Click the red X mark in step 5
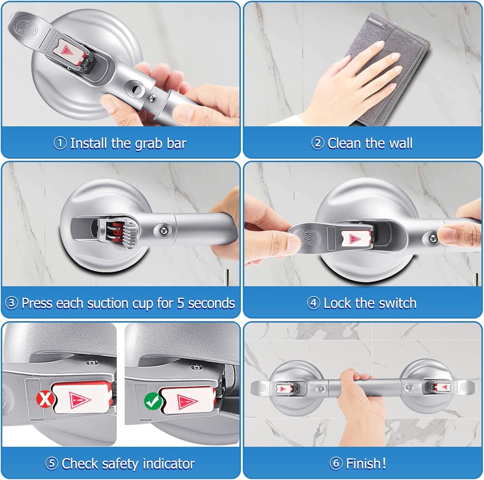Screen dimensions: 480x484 coord(44,400)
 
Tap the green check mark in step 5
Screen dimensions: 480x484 coord(152,401)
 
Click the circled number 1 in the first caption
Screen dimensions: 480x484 coord(60,143)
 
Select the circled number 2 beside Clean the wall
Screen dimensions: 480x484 coord(318,143)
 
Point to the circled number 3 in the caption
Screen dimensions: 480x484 coord(11,303)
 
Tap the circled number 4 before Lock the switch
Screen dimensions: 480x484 coord(313,303)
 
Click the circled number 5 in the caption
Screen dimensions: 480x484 coord(52,463)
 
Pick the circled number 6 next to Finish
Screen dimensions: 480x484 coord(336,463)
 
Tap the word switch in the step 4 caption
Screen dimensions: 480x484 coord(397,303)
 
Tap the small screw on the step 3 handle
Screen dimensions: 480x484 coord(163,229)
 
